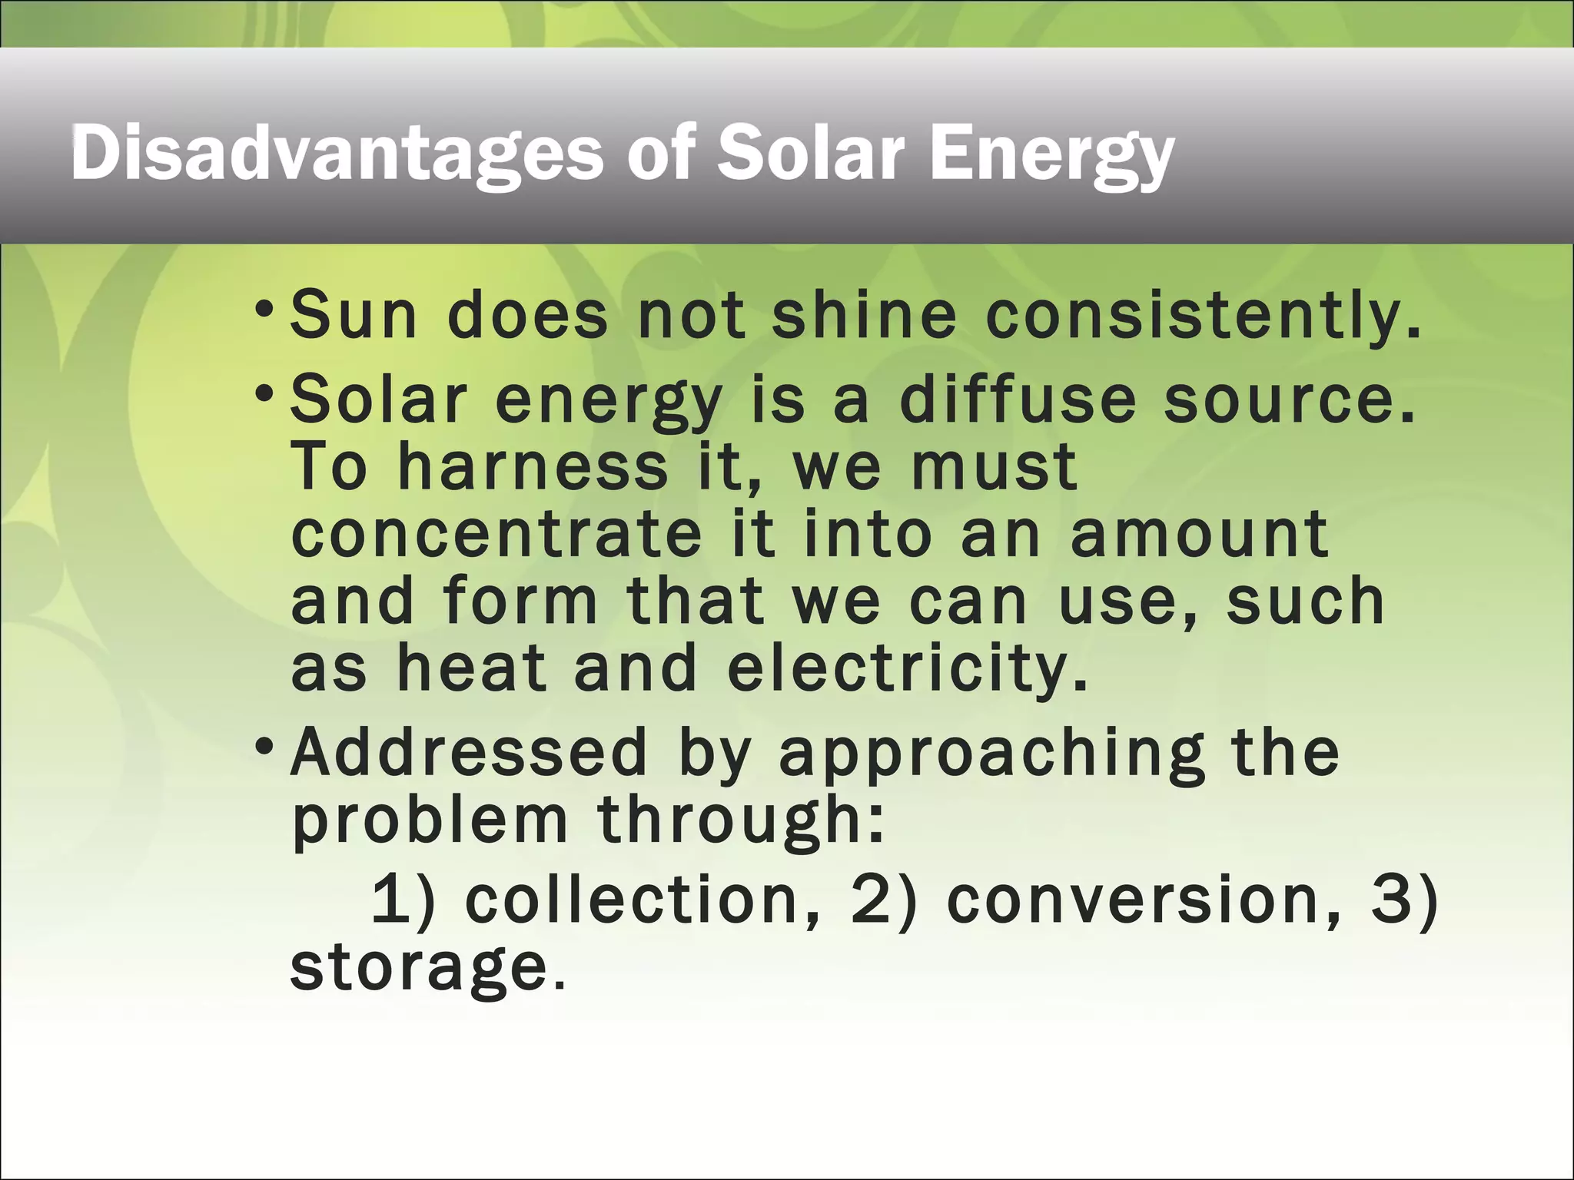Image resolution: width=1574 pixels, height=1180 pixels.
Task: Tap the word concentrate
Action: [x=496, y=534]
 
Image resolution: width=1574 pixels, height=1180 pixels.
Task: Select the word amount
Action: [x=1199, y=534]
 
